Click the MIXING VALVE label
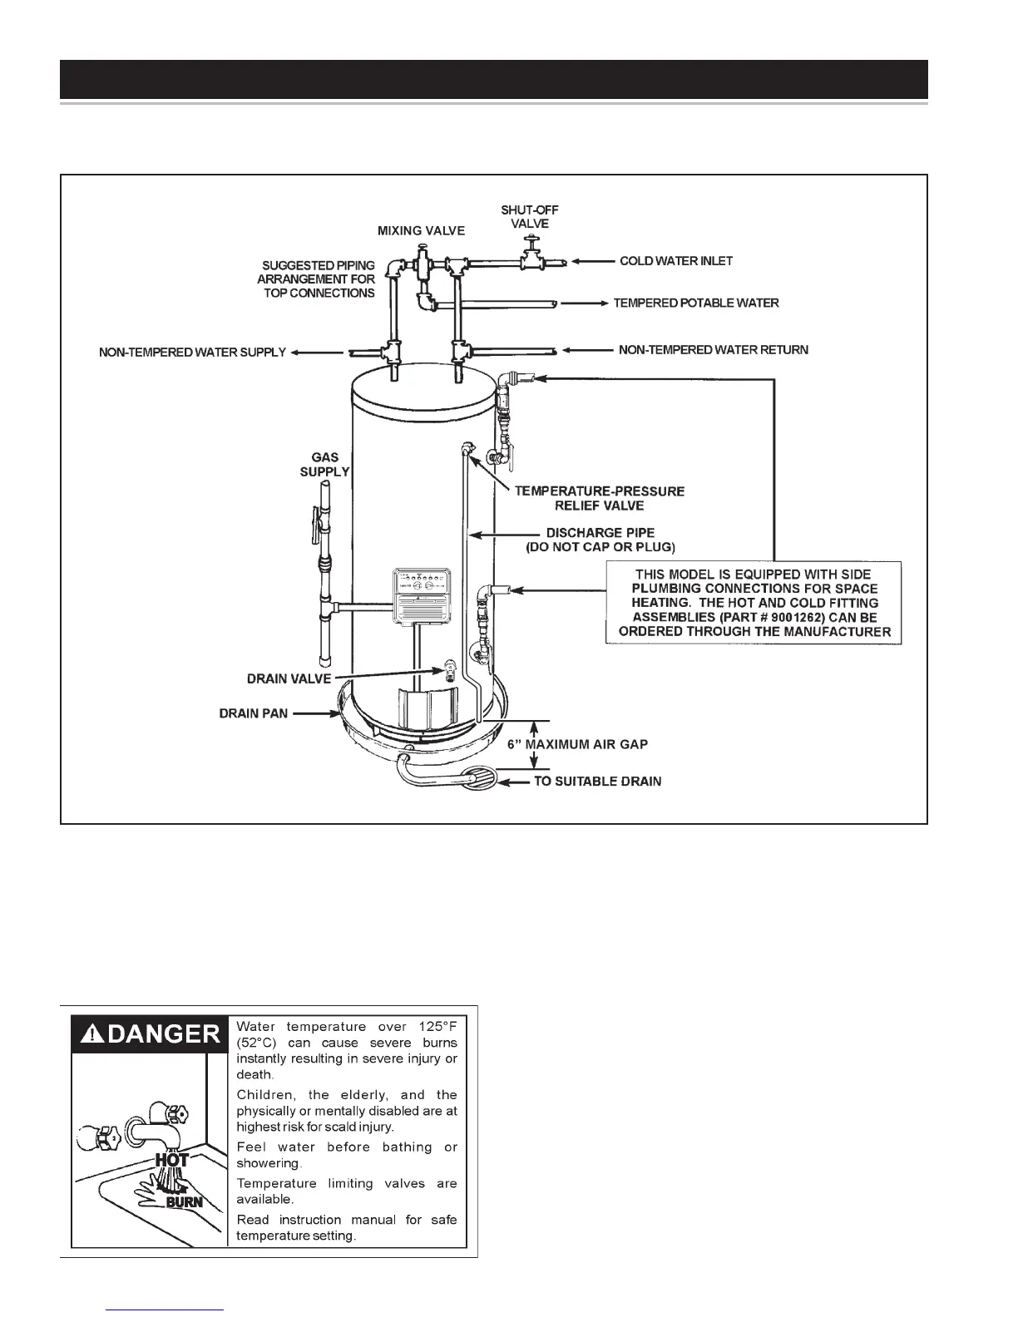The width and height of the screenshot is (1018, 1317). click(x=421, y=230)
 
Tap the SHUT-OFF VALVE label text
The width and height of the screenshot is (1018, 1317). click(x=530, y=217)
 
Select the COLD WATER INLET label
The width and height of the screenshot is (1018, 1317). click(x=676, y=261)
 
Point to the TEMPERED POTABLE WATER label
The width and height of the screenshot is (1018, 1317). click(x=696, y=303)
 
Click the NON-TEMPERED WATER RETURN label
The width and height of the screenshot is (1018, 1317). click(x=713, y=350)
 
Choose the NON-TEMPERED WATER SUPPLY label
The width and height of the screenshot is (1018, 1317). click(x=192, y=353)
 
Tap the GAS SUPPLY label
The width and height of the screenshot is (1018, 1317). click(x=324, y=465)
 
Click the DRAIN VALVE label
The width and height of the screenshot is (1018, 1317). click(x=289, y=679)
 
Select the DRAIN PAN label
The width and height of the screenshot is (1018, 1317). click(x=254, y=713)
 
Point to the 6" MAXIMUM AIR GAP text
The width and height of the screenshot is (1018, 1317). click(x=577, y=744)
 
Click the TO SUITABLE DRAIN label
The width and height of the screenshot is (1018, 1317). click(x=597, y=782)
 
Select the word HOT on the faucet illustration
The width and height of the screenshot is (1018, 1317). click(x=172, y=1159)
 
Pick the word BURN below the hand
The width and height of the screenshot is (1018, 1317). click(x=185, y=1202)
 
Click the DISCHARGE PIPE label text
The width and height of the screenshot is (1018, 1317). click(x=600, y=533)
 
